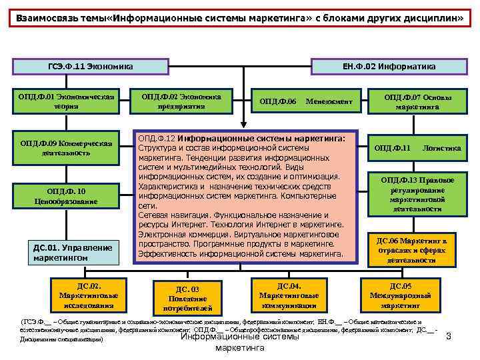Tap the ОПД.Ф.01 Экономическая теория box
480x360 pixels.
[x=67, y=101]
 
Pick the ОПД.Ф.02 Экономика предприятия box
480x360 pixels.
[x=181, y=101]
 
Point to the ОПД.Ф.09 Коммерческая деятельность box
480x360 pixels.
[x=66, y=147]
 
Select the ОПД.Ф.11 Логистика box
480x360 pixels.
[x=417, y=148]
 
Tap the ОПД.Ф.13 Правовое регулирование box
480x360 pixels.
[x=417, y=194]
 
